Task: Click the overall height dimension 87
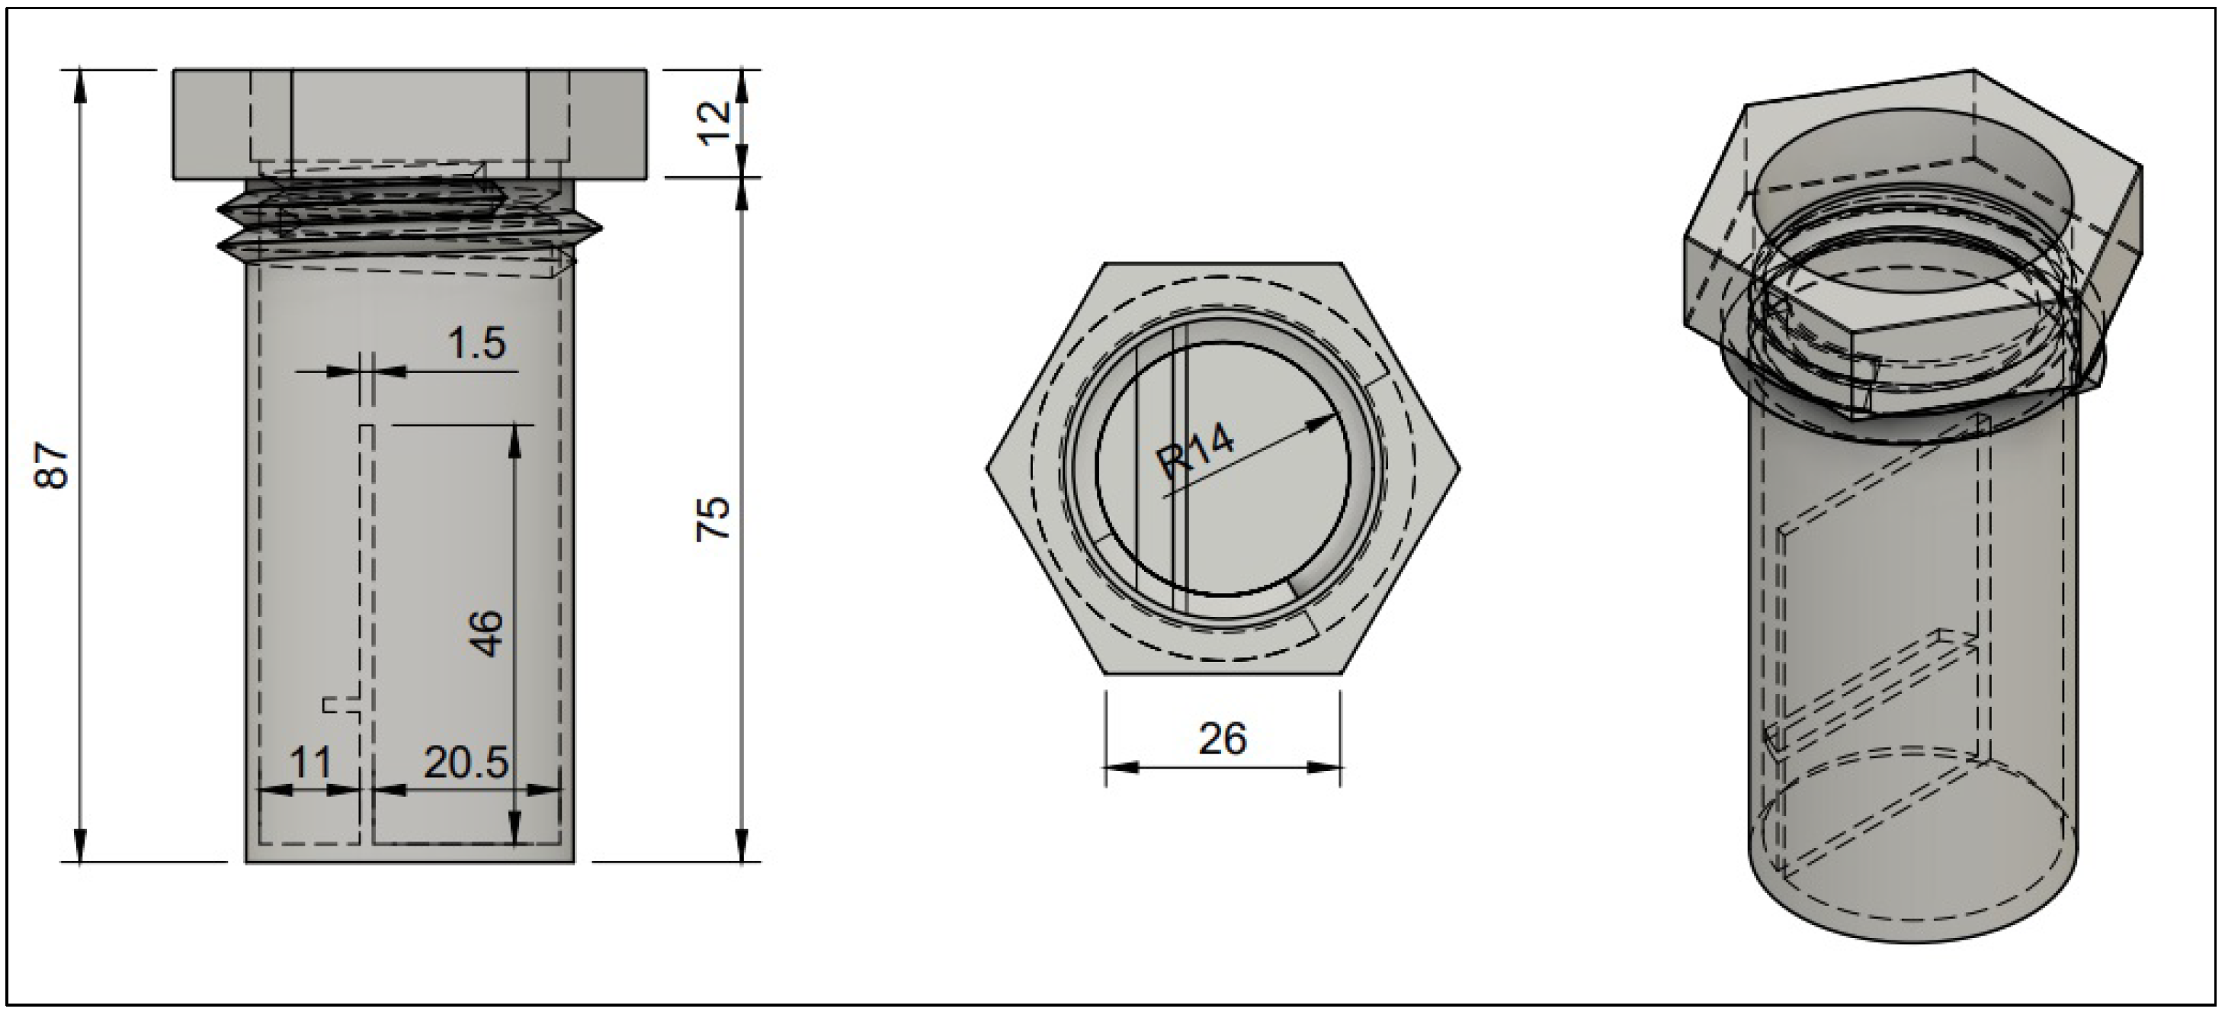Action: click(x=53, y=466)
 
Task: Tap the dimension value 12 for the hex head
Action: click(x=715, y=123)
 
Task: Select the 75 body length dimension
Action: click(x=715, y=519)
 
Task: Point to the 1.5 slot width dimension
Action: click(x=477, y=345)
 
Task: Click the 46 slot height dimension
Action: click(x=487, y=634)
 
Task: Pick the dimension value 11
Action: click(x=310, y=763)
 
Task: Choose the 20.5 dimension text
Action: click(x=466, y=763)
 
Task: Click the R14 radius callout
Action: click(x=1196, y=453)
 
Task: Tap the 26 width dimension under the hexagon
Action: click(x=1223, y=740)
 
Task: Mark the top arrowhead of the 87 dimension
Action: click(x=80, y=82)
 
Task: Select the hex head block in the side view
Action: click(x=410, y=124)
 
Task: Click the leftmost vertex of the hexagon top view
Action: click(x=987, y=467)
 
